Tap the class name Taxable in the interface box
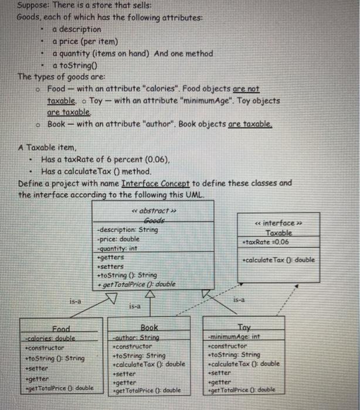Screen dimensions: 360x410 (278, 233)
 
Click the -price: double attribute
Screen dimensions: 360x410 (118, 239)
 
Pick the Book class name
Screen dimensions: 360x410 (151, 329)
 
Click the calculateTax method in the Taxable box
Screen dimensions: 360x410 (278, 260)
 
